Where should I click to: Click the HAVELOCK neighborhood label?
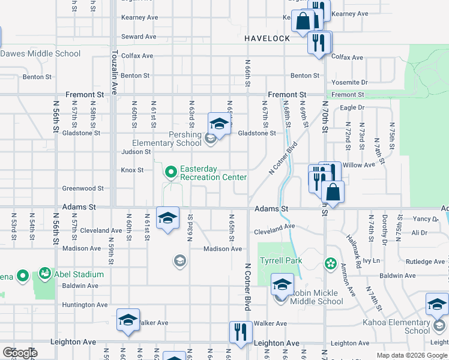click(267, 38)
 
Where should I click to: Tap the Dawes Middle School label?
click(40, 54)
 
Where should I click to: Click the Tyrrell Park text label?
click(281, 261)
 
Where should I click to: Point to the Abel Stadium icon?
click(45, 274)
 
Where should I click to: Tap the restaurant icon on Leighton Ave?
click(241, 333)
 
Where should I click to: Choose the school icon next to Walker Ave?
click(128, 320)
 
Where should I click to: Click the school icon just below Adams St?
click(167, 218)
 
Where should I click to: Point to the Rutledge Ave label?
click(426, 262)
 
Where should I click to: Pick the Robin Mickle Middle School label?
click(317, 298)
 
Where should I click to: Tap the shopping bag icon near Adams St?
click(333, 193)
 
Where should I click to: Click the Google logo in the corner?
click(20, 353)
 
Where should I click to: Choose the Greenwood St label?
click(83, 188)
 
